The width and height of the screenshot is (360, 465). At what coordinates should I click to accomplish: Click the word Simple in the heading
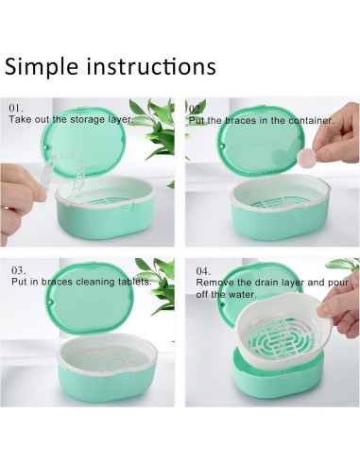[x=38, y=67]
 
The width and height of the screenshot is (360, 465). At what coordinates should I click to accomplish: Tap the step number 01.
[x=17, y=109]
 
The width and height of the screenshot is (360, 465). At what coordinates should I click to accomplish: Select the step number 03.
[x=17, y=269]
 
